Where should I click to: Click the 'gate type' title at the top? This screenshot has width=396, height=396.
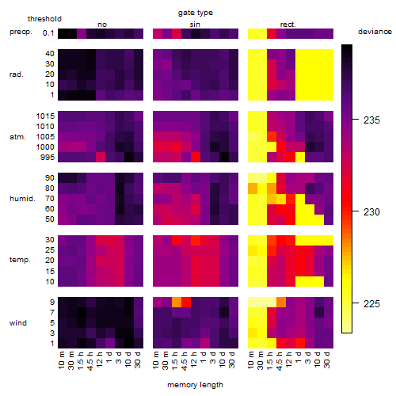pyautogui.click(x=196, y=13)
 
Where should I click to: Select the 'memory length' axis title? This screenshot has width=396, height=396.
pyautogui.click(x=195, y=385)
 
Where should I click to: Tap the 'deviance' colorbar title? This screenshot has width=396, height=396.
pyautogui.click(x=375, y=32)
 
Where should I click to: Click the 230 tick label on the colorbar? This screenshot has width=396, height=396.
pyautogui.click(x=371, y=211)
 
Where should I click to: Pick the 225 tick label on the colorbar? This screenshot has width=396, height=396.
pyautogui.click(x=371, y=303)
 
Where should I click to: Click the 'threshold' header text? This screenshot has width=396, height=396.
pyautogui.click(x=44, y=19)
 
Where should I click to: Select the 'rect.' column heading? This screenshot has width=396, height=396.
pyautogui.click(x=288, y=25)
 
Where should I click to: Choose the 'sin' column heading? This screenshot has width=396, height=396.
pyautogui.click(x=195, y=25)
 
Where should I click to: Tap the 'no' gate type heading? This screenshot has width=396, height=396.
pyautogui.click(x=102, y=25)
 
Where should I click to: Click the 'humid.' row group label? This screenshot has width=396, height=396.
pyautogui.click(x=22, y=199)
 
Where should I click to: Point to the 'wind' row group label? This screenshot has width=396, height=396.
pyautogui.click(x=18, y=323)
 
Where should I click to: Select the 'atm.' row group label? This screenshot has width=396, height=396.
pyautogui.click(x=17, y=137)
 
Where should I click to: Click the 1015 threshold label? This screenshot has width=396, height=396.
pyautogui.click(x=45, y=116)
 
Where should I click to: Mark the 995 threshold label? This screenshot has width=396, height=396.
pyautogui.click(x=48, y=158)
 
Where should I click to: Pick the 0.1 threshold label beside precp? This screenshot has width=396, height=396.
pyautogui.click(x=48, y=33)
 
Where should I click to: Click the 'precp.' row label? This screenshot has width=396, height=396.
pyautogui.click(x=21, y=32)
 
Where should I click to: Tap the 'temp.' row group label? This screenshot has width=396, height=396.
pyautogui.click(x=20, y=260)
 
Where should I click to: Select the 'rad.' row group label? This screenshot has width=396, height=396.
pyautogui.click(x=17, y=74)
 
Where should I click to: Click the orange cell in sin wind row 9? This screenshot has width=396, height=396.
pyautogui.click(x=177, y=303)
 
